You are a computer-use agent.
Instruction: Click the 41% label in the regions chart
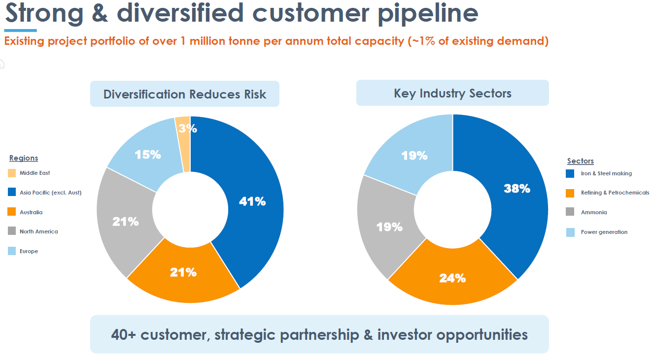252,201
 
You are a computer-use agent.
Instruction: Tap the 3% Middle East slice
183,143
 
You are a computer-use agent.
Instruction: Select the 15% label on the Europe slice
148,155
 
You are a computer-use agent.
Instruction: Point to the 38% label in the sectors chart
516,188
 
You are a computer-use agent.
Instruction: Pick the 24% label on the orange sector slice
452,278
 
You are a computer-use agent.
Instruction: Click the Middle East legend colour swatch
12,173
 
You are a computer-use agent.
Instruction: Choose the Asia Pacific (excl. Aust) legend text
50,193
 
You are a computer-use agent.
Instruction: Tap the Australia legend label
31,212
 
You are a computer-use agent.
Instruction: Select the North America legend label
38,231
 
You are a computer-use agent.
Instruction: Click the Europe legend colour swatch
12,251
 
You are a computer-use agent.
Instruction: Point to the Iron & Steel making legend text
606,173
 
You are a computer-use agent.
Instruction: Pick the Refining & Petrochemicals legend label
615,193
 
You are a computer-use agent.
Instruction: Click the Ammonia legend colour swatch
570,212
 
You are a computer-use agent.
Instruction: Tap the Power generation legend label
604,232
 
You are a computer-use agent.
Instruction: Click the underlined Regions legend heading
24,158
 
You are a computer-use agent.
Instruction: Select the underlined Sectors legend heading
580,161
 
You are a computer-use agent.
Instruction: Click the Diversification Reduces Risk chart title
184,94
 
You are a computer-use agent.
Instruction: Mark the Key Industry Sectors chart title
452,93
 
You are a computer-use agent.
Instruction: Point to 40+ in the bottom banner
124,335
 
